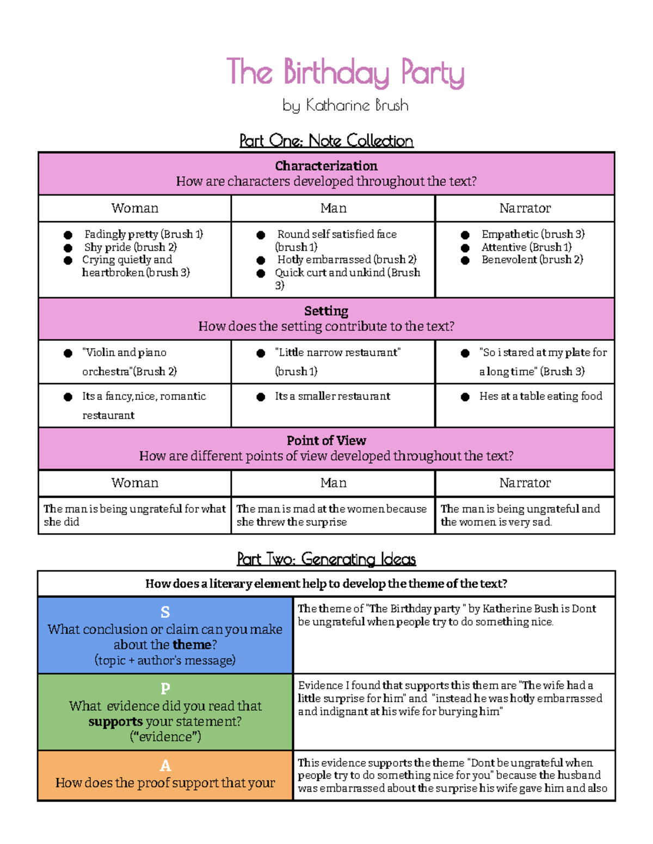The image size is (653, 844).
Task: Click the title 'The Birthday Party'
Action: point(345,73)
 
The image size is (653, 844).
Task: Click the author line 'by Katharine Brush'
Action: point(345,105)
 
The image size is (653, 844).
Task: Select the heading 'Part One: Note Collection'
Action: point(326,141)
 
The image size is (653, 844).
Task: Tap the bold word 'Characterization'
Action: point(326,166)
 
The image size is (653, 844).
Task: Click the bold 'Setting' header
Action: point(326,311)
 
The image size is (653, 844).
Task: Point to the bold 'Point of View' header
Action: point(326,440)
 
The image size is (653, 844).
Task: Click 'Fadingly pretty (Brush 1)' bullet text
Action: point(143,234)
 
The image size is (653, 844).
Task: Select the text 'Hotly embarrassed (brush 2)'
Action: point(347,260)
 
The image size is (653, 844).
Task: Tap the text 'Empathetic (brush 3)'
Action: point(533,234)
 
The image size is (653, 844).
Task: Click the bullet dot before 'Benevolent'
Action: point(465,260)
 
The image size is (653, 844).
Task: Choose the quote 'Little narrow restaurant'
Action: point(337,353)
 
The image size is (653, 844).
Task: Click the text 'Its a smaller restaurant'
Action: point(332,396)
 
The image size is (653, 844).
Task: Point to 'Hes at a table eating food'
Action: point(540,396)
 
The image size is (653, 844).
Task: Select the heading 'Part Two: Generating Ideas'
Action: point(326,559)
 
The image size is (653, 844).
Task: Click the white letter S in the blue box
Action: point(165,612)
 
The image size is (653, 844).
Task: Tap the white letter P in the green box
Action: point(165,689)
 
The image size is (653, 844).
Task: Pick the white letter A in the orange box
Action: point(165,766)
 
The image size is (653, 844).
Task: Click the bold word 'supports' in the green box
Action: point(115,722)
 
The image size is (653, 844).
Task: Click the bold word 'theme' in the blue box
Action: point(191,645)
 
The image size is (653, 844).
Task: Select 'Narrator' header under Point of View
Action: point(525,483)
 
